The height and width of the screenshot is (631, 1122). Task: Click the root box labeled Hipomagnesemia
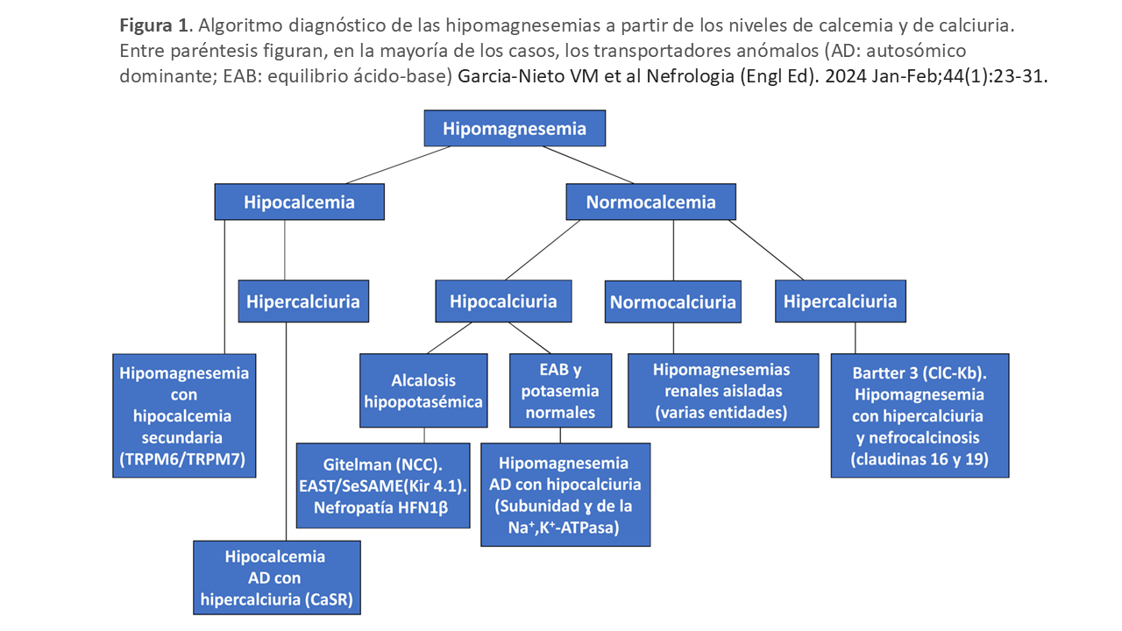point(515,128)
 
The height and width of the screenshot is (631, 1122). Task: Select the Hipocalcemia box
point(299,202)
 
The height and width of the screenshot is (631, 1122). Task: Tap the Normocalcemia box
point(650,202)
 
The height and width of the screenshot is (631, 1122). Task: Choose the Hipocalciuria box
point(503,301)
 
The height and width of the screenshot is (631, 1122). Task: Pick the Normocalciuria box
point(673,302)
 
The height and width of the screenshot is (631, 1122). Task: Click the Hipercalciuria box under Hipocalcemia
point(302,301)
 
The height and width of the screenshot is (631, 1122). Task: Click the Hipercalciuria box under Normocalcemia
point(840,301)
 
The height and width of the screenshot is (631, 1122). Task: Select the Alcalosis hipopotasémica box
point(424,391)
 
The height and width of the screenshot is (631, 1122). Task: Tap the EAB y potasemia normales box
point(560,391)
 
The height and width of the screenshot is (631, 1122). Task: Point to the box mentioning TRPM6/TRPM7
point(184,415)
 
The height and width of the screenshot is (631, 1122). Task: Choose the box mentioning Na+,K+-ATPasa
point(566,494)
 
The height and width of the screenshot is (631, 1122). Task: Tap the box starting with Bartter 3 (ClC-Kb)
point(919,415)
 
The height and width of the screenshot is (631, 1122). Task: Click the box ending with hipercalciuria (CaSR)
point(275,578)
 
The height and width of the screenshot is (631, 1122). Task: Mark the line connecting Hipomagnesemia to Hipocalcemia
point(397,164)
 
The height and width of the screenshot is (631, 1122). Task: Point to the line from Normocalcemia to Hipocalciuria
point(542,250)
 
